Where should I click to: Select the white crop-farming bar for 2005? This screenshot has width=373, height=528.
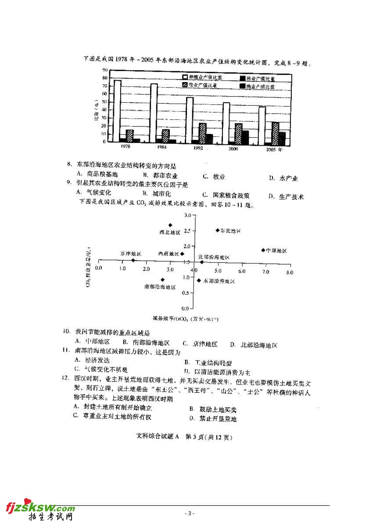click(x=262, y=125)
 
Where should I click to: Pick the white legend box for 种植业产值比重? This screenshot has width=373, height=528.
click(x=185, y=78)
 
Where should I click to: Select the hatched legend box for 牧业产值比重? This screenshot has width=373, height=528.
click(x=185, y=85)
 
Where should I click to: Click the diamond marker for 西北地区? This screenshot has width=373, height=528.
click(x=170, y=225)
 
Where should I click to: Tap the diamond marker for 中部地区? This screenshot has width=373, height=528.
click(x=263, y=250)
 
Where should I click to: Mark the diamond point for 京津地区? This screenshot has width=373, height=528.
click(x=133, y=260)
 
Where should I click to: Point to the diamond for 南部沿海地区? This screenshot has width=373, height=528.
click(x=162, y=280)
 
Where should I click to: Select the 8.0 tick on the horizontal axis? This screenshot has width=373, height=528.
click(x=290, y=273)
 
